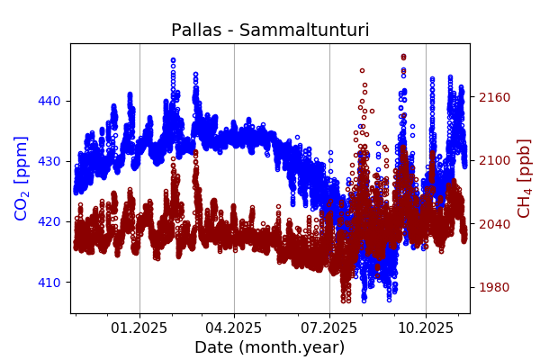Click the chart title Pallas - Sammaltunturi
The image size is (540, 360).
pos(270,31)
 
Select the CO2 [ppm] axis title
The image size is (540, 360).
pos(22,178)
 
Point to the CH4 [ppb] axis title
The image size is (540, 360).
pos(524,178)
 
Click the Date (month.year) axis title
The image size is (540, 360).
pos(269,347)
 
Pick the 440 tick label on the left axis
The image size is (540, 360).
pos(49,101)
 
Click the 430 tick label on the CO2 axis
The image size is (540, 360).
pos(49,161)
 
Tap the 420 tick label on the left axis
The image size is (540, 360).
pos(49,221)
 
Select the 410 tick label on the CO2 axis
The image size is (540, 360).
pos(49,282)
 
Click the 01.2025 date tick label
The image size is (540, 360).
pos(139,328)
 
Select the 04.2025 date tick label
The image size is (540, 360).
pos(234,328)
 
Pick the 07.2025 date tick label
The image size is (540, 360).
pos(329,328)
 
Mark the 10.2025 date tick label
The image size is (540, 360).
pos(426,328)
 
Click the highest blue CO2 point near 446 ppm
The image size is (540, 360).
pos(173,60)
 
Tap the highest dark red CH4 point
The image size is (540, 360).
pos(403,56)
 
